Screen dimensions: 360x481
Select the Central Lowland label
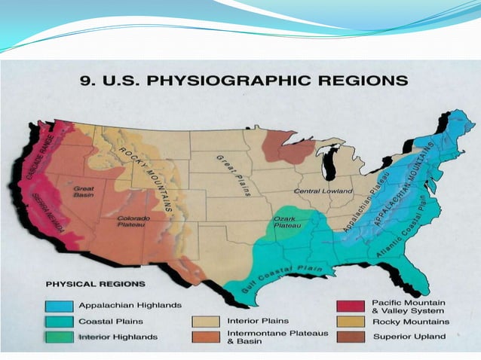click(323, 191)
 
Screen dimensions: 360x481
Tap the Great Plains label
click(234, 175)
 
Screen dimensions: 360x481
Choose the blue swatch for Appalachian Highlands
click(60, 306)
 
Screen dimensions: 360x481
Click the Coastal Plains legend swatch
click(60, 322)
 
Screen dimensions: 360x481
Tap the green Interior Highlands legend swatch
click(60, 337)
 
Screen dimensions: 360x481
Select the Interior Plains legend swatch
click(207, 322)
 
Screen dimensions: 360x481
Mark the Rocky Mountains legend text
click(411, 322)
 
